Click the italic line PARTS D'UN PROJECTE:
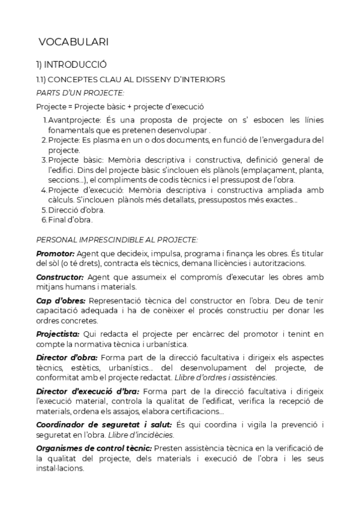(x=80, y=92)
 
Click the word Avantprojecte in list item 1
(x=73, y=120)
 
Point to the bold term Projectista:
(x=58, y=334)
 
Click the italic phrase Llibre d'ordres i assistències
(x=224, y=378)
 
